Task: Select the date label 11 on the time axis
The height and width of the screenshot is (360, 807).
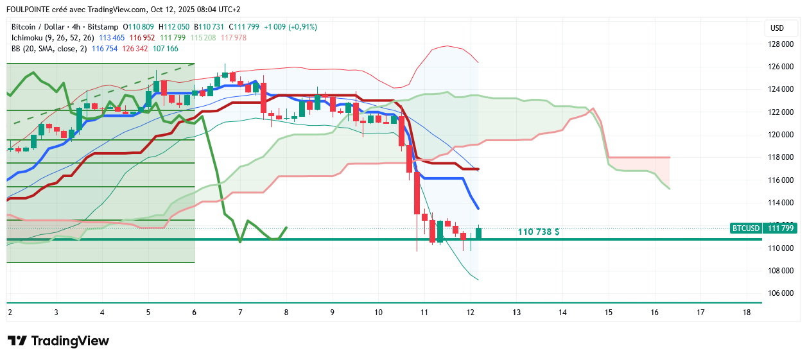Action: click(424, 313)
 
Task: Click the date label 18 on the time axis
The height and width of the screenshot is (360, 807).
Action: click(746, 313)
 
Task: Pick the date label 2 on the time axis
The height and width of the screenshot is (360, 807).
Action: click(10, 313)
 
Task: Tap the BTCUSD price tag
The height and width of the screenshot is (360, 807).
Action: click(745, 228)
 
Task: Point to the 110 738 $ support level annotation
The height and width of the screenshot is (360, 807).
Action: click(538, 232)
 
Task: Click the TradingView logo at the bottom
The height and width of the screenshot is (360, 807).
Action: click(58, 341)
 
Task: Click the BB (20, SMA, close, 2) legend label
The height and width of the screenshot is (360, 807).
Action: click(49, 49)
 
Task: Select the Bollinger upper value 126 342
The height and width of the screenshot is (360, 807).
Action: click(135, 49)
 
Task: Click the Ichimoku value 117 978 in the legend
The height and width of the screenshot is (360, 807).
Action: click(233, 38)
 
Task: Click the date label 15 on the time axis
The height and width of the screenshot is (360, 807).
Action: click(608, 313)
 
